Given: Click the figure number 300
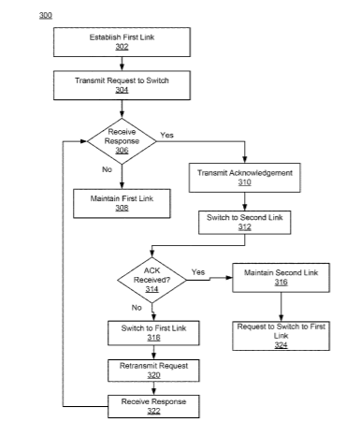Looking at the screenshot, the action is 46,15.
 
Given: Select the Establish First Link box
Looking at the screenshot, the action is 122,42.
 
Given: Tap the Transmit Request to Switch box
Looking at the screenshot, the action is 122,85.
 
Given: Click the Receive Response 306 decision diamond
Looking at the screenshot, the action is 122,141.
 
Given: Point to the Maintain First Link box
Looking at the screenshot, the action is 122,203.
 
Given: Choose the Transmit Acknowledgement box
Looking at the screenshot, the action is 245,178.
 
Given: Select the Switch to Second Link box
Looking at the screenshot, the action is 245,223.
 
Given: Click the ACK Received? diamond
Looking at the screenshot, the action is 151,280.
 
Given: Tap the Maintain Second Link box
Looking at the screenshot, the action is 281,278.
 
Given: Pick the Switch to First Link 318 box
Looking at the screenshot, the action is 153,333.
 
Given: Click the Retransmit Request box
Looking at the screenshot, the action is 153,371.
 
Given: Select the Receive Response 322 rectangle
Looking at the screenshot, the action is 153,406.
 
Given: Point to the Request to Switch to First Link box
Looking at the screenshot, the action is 281,336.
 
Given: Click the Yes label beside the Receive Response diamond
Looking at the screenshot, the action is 166,135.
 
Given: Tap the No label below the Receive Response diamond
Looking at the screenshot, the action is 107,169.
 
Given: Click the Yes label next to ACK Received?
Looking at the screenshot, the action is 198,272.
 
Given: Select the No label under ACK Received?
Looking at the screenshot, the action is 137,308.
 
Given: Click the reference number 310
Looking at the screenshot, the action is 245,182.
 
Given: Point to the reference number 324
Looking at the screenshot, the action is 281,345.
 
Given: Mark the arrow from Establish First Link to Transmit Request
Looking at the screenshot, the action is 122,64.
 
